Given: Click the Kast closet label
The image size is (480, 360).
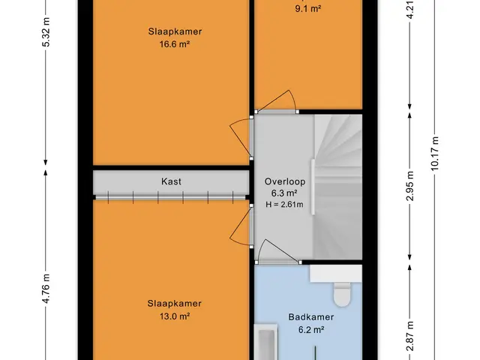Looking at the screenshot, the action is (x=171, y=181).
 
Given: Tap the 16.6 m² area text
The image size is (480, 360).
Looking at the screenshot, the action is (x=175, y=44).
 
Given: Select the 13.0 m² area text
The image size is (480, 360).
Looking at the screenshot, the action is (x=175, y=316).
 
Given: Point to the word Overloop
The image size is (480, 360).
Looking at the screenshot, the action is (x=285, y=181).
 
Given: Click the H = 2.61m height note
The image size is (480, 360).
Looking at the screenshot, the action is (x=284, y=205).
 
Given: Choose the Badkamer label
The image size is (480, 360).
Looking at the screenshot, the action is (x=311, y=316).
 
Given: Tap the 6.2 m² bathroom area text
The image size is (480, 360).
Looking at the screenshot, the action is (x=311, y=330).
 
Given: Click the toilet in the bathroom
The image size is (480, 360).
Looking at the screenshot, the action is (x=342, y=295).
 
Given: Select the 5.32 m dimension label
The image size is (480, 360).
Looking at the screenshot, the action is (x=46, y=32).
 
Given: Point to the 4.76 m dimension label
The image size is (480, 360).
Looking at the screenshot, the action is (x=46, y=289).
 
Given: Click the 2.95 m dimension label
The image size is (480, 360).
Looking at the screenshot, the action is (x=410, y=186).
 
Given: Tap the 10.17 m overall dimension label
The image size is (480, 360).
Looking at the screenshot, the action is (x=435, y=154).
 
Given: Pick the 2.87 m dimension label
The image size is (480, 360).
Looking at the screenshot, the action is (x=410, y=336).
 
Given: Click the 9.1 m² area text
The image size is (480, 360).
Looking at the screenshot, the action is (x=308, y=9).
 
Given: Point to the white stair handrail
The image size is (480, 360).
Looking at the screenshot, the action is (x=313, y=187).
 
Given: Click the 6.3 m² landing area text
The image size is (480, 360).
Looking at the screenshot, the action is (x=284, y=193).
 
